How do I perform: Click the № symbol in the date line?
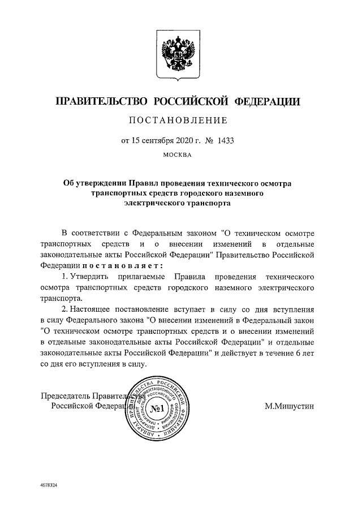coord(207,139)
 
